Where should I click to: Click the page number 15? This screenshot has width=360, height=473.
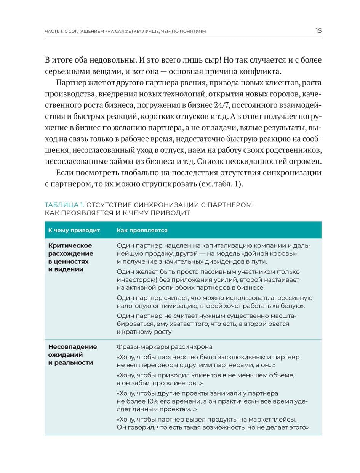point(318,31)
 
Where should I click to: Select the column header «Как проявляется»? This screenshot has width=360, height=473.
point(142,230)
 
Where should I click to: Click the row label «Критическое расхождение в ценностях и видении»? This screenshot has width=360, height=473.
point(70,257)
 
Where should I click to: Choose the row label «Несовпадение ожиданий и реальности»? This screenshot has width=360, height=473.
point(72,354)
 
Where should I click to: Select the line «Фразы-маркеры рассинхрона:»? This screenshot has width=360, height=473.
point(165,347)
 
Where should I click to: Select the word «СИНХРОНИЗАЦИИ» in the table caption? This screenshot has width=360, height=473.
point(165,205)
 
